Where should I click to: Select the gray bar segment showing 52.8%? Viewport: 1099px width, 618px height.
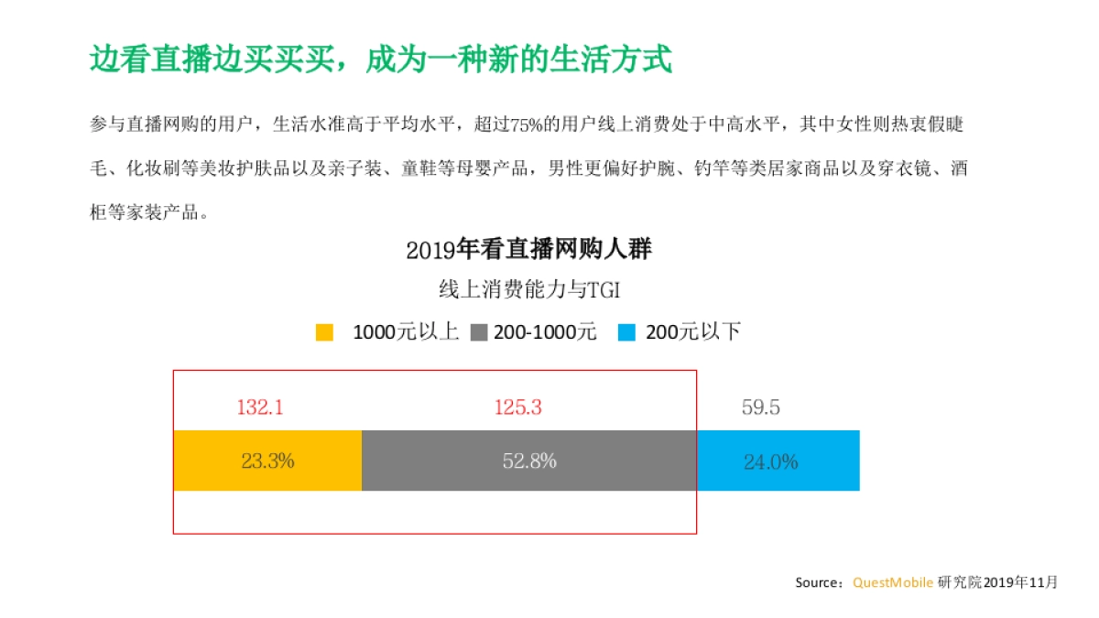point(528,461)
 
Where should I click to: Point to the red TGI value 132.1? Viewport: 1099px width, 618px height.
point(260,407)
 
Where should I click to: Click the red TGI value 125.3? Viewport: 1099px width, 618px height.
point(518,407)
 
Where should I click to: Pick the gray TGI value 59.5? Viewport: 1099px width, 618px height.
point(761,407)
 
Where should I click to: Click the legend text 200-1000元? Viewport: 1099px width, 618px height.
point(546,332)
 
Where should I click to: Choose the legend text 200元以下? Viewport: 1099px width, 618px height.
point(693,332)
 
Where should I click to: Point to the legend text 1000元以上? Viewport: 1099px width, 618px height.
point(405,332)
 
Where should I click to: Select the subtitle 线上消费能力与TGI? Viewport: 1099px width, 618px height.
point(529,290)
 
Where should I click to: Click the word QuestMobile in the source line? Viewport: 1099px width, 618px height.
point(893,582)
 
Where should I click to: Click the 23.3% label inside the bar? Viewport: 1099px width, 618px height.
point(267,461)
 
